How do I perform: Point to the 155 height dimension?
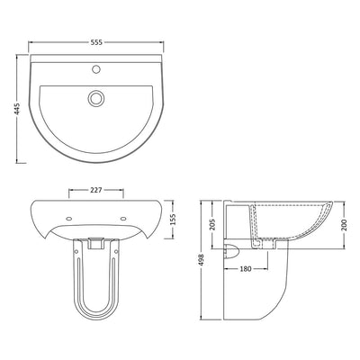pos(173,219)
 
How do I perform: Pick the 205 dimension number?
pos(211,225)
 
